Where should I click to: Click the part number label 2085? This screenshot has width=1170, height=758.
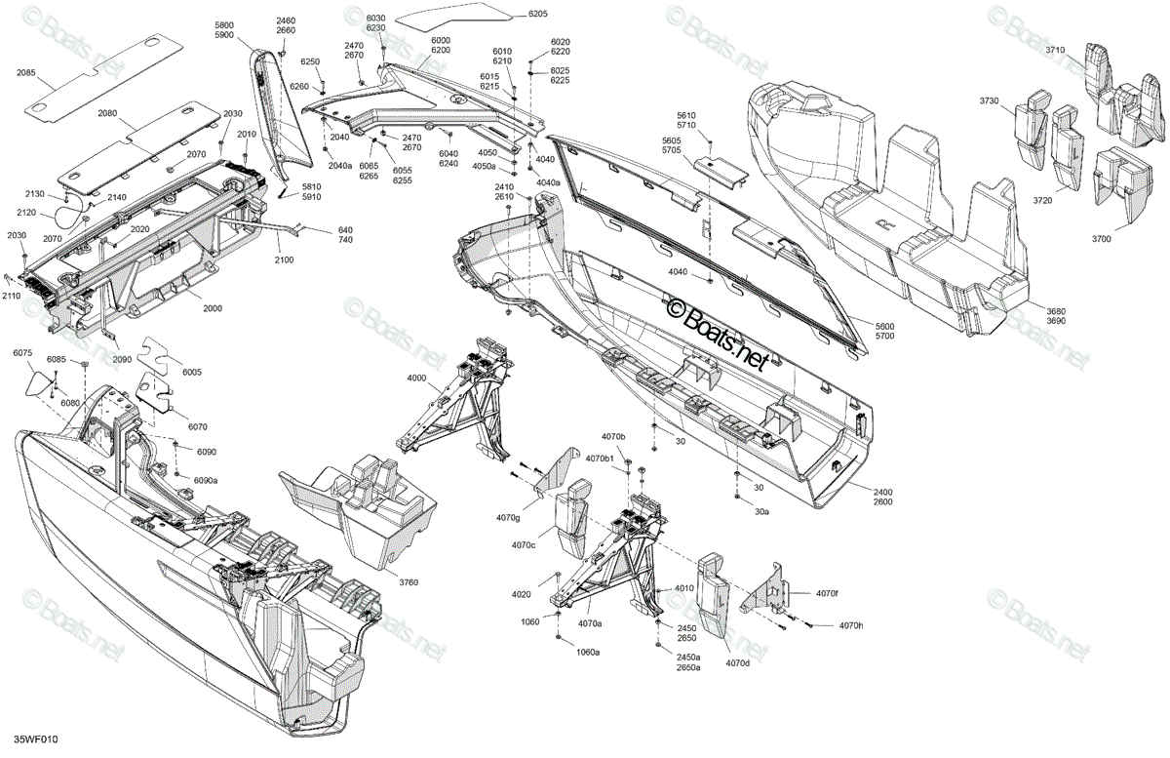[25, 72]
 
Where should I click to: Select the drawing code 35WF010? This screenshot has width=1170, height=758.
[36, 739]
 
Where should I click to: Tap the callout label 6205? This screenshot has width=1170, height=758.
[537, 14]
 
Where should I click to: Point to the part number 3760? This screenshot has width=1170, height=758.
[409, 582]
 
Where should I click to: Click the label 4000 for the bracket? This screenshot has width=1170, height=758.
[416, 378]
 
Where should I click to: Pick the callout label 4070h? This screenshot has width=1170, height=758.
[851, 625]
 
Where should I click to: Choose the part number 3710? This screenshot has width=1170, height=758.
[1055, 50]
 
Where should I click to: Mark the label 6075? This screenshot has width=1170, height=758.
[23, 353]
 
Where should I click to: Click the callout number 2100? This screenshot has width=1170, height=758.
[284, 259]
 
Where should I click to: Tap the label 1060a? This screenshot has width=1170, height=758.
[588, 653]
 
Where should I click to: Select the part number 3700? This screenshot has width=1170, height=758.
[1102, 239]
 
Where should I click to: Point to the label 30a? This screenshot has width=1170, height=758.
[761, 512]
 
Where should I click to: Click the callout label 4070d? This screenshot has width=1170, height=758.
[737, 664]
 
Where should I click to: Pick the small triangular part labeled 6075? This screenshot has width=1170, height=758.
[38, 383]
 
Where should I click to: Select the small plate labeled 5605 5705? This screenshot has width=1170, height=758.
[721, 170]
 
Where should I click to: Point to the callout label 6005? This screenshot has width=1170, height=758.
[192, 373]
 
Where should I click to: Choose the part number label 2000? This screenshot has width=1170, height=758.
[213, 308]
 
